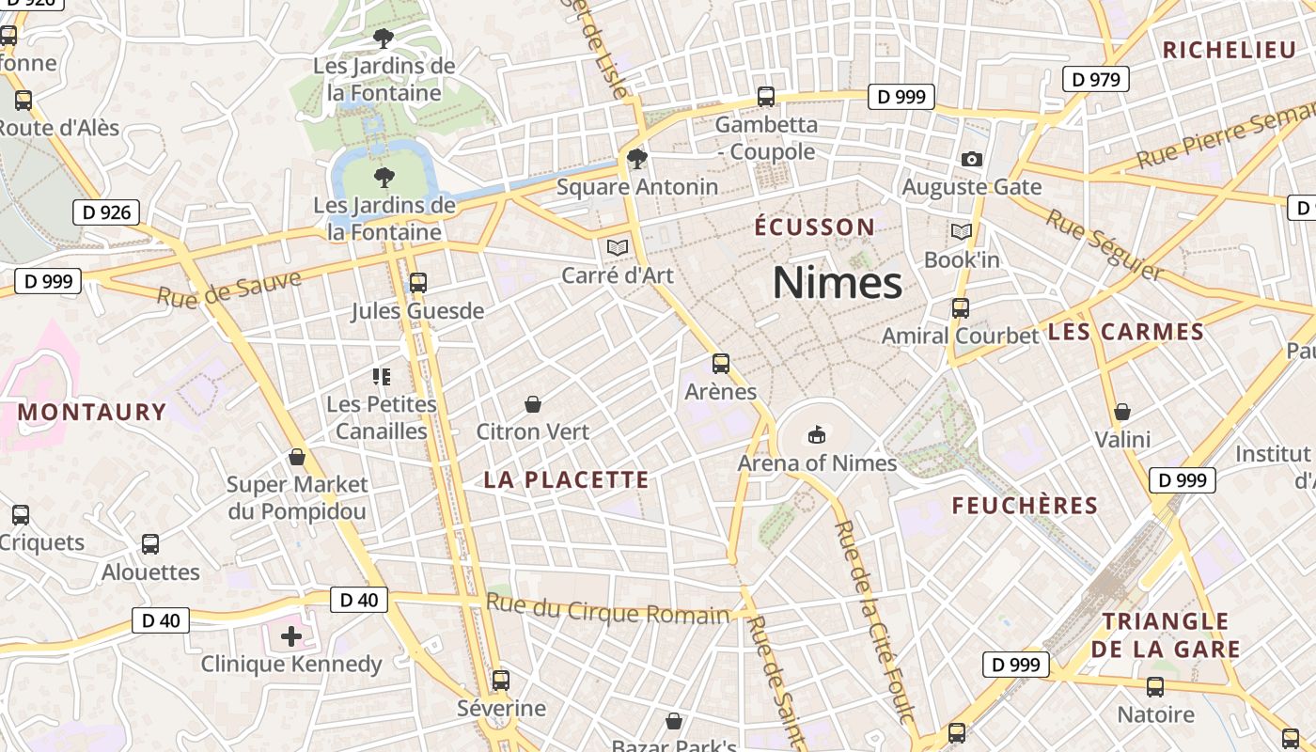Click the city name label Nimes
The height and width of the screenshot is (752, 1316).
837,282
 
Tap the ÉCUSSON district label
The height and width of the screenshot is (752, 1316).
815,227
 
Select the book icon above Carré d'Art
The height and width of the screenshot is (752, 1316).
617,247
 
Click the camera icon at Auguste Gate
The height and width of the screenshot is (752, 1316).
972,159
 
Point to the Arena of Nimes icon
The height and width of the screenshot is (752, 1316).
817,434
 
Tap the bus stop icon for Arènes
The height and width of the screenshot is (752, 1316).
721,363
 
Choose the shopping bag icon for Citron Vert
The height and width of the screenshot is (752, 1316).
533,404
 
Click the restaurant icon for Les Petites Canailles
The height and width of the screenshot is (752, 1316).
382,377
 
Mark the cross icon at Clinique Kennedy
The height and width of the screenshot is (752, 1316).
291,636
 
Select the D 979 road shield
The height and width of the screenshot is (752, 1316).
1096,80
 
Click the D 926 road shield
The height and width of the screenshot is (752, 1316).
106,212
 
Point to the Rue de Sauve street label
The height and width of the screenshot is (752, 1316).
228,289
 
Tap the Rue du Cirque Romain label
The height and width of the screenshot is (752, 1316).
608,611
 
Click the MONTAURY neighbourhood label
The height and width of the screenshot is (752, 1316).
92,412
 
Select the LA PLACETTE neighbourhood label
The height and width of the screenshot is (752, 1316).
566,479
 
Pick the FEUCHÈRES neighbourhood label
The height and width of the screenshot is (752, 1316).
1025,506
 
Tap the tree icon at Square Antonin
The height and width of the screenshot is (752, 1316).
637,158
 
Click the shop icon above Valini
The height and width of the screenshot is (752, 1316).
1121,412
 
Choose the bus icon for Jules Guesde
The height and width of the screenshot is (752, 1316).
418,282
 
